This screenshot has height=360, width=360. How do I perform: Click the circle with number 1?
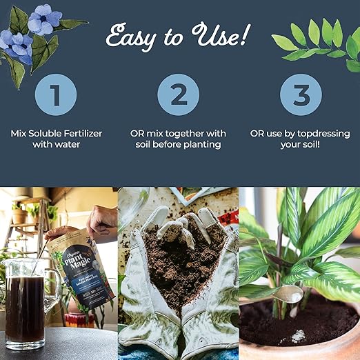tap(55, 94)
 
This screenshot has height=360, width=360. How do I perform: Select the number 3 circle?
tap(301, 94)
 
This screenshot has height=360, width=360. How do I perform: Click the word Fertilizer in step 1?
tap(79, 132)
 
